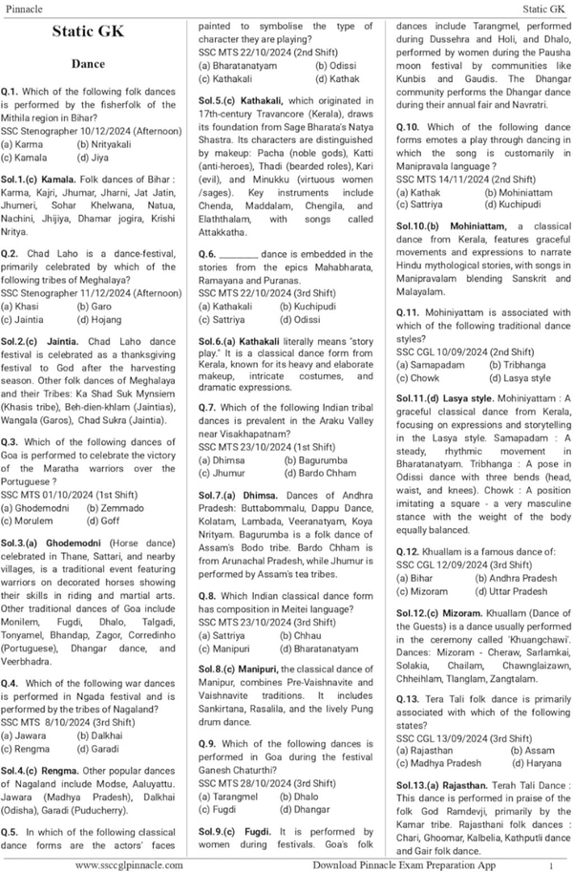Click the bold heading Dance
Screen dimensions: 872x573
94,63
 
